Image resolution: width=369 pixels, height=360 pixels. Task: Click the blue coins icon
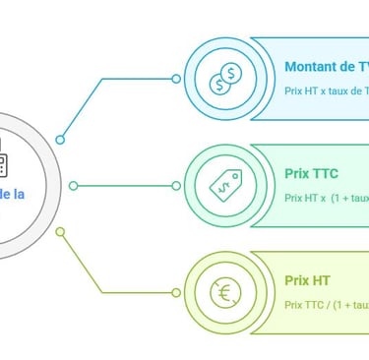(x=223, y=79)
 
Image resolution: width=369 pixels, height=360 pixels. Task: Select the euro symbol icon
(x=223, y=291)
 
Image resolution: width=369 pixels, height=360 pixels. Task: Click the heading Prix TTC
(x=311, y=173)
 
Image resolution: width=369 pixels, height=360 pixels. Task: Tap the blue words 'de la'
(x=13, y=196)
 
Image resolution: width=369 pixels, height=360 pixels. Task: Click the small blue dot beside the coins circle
(x=176, y=79)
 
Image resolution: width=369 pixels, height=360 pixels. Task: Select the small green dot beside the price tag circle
(x=176, y=185)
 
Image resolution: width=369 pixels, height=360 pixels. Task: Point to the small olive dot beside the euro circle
(x=176, y=291)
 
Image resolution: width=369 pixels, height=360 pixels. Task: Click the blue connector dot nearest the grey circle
(x=60, y=139)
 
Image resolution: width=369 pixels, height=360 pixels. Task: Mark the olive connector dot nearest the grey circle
(x=60, y=232)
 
